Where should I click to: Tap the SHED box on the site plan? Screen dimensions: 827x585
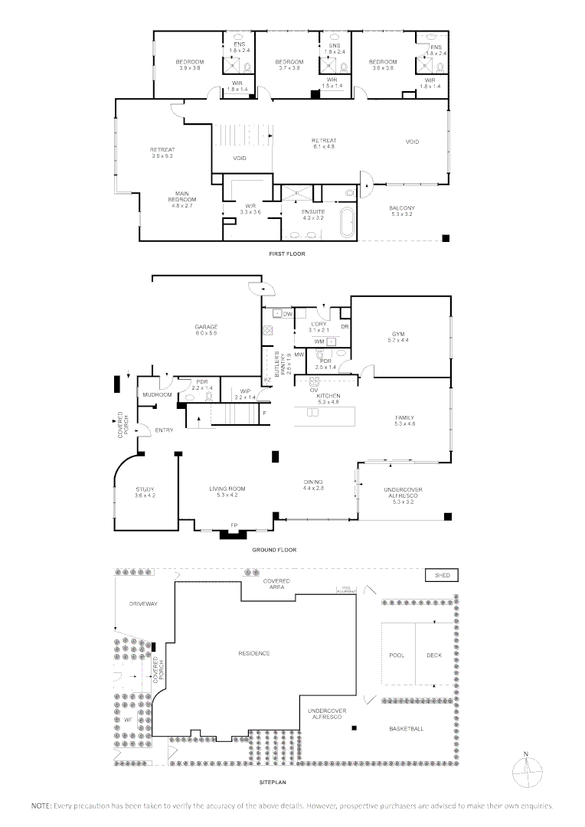(442, 575)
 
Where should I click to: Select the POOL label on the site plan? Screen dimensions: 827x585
(397, 655)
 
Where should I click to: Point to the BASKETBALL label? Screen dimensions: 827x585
(405, 728)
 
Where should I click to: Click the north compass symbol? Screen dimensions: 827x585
(525, 768)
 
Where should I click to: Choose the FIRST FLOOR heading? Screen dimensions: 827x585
(286, 253)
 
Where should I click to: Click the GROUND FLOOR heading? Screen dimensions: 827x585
(274, 550)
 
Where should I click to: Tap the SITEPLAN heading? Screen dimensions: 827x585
(274, 783)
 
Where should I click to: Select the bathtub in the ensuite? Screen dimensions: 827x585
(347, 223)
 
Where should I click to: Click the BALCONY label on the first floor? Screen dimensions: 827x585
(401, 211)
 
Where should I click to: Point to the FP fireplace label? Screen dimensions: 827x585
(234, 525)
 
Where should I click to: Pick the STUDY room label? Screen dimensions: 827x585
(145, 492)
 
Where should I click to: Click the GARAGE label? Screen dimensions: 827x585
(206, 329)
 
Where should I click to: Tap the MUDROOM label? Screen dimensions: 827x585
(156, 395)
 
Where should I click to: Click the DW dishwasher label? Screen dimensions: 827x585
(288, 314)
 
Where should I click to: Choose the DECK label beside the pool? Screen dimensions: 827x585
(434, 655)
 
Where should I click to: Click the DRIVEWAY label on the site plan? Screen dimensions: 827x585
(142, 604)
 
